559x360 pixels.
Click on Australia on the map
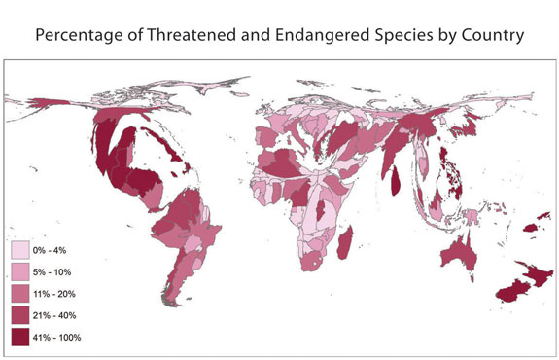(457, 254)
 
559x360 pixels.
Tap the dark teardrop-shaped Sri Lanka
(399, 176)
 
